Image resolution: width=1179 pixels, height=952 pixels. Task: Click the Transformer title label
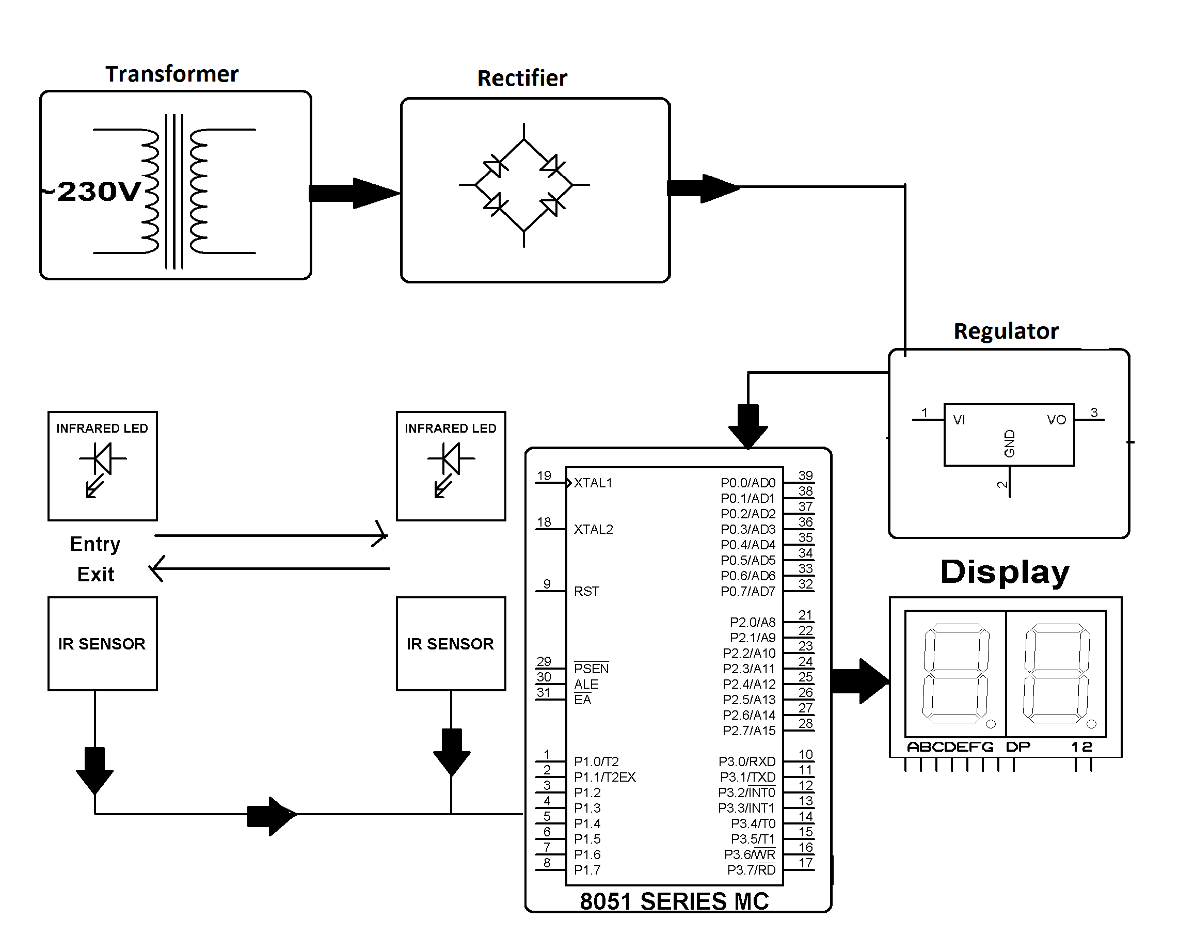click(x=172, y=74)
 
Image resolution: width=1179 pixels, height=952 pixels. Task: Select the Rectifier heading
click(x=522, y=78)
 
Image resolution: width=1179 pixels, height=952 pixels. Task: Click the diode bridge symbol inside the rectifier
click(x=524, y=185)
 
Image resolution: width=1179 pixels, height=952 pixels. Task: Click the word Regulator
click(x=1006, y=331)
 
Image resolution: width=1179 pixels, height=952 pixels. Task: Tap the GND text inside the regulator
click(x=1009, y=443)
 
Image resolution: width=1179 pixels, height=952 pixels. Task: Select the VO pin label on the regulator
click(x=1056, y=420)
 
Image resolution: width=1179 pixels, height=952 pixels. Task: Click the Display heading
click(x=1005, y=572)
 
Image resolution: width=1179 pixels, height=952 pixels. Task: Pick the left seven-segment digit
click(x=956, y=673)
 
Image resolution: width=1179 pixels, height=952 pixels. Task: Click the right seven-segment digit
click(x=1057, y=673)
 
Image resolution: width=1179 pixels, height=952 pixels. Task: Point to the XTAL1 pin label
click(x=593, y=483)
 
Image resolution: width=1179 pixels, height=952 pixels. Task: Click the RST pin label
click(x=586, y=591)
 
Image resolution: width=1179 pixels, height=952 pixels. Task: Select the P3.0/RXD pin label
click(x=747, y=761)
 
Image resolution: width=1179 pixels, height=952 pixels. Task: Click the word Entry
click(x=95, y=544)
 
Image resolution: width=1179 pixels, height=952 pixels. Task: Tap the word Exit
click(x=95, y=575)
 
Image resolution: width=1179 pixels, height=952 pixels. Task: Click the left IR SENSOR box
click(x=103, y=644)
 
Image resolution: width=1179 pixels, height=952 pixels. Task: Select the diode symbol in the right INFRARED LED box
click(x=451, y=459)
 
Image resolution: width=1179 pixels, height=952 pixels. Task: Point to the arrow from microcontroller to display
click(x=860, y=681)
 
